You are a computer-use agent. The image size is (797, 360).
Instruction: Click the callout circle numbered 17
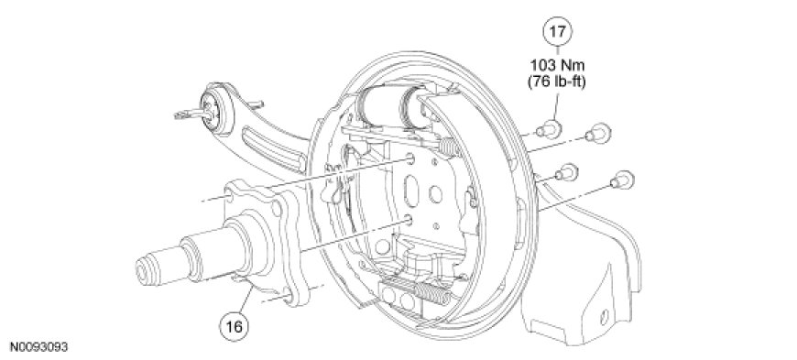558,31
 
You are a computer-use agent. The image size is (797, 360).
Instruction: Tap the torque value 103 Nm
558,65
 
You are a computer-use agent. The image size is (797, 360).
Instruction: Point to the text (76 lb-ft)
558,82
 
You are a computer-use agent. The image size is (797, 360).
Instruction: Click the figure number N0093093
38,347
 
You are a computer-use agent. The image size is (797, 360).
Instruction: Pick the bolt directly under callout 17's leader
549,128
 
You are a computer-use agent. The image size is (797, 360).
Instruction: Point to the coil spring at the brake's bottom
432,294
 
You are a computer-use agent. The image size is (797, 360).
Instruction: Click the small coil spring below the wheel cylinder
448,147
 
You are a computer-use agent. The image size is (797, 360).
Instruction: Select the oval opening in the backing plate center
410,191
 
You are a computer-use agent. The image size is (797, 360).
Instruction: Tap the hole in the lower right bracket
604,317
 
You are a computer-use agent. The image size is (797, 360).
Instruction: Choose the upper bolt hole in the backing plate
410,161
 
